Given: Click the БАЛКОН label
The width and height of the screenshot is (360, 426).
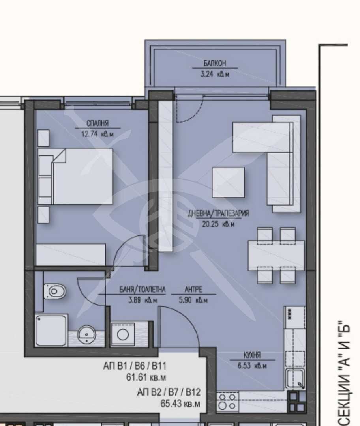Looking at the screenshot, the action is tap(215, 64).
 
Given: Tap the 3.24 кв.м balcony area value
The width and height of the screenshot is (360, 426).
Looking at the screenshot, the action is tap(215, 74).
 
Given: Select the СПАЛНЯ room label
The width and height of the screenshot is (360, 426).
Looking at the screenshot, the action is tap(97, 123).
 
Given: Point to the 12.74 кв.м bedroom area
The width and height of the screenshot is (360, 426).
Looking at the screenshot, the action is tap(97, 134).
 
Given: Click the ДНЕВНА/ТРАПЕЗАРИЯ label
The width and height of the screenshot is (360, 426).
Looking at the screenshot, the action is tap(218, 213).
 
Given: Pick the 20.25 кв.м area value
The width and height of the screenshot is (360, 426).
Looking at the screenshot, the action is tap(218, 224).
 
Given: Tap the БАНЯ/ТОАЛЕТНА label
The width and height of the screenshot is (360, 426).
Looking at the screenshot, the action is tap(143, 290).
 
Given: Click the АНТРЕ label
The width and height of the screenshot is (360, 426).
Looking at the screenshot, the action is tap(193, 290).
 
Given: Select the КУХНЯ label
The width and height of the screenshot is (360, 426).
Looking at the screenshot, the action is tap(252, 355).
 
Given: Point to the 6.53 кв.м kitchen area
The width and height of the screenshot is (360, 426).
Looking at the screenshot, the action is tap(252, 366).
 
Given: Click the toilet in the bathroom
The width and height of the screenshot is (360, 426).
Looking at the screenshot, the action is tap(54, 291).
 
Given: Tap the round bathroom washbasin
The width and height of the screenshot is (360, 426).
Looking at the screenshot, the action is tap(86, 334).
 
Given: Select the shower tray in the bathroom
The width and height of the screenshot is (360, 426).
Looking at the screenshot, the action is tap(51, 331).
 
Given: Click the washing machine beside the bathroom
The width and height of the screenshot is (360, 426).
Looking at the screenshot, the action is tap(123, 334).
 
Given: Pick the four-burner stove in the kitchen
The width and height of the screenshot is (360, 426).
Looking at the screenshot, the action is tap(227, 402).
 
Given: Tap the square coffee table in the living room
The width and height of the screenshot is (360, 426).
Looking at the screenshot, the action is tap(228, 182).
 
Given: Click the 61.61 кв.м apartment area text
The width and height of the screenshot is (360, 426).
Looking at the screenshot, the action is tap(146, 377).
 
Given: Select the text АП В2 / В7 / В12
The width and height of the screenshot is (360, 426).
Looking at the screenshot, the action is tap(169, 392).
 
